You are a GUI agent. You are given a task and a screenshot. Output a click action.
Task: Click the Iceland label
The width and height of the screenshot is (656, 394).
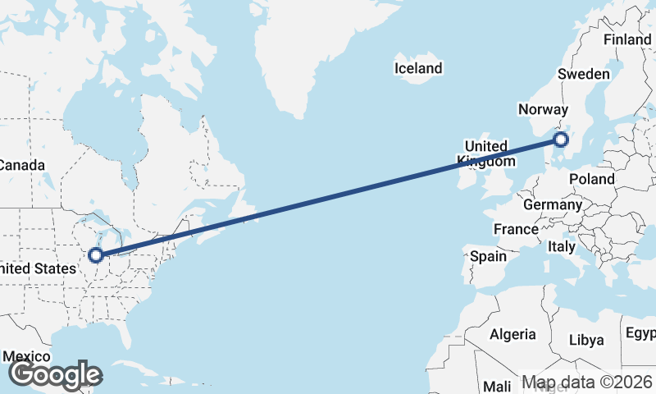(418, 68)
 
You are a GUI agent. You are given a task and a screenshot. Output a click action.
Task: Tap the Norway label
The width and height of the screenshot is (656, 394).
(543, 110)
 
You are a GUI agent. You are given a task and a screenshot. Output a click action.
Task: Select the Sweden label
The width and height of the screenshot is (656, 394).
(584, 74)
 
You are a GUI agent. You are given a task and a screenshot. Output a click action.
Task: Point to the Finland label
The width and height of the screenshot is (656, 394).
(626, 40)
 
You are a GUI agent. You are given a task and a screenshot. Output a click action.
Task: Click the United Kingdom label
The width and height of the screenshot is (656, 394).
(487, 153)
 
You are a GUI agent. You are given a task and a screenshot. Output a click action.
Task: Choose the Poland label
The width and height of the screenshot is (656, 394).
(592, 179)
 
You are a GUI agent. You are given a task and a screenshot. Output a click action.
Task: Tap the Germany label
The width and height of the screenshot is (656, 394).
(552, 204)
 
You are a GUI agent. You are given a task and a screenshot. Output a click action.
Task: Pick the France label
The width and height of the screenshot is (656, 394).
(516, 229)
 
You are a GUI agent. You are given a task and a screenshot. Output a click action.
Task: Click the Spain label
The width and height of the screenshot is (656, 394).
(489, 256)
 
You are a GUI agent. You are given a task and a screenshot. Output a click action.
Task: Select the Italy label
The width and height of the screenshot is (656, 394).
(562, 246)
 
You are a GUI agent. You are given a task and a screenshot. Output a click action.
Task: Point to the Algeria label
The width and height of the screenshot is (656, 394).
(512, 334)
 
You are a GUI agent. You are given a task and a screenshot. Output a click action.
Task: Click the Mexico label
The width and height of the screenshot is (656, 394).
(27, 357)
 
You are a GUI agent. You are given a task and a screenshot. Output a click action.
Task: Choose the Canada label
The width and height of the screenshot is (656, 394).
(21, 165)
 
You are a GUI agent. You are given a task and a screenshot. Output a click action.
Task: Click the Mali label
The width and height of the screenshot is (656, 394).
(497, 386)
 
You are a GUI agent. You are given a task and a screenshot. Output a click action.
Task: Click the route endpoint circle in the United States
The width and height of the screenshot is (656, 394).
(97, 255)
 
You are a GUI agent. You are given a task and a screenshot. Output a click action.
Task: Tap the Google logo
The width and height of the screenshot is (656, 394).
(55, 375)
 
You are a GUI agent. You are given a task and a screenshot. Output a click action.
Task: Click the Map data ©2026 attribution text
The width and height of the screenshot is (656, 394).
(586, 383)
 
